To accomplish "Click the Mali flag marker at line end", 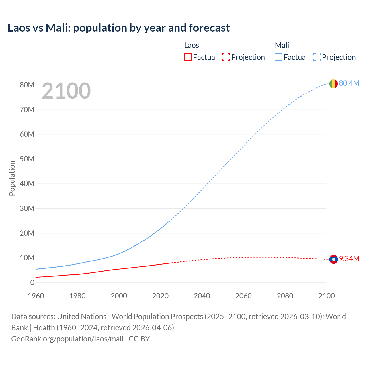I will pyautogui.click(x=333, y=84).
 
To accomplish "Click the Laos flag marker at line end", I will pyautogui.click(x=333, y=259).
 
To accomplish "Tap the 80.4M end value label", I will pyautogui.click(x=349, y=83).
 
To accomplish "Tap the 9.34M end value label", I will pyautogui.click(x=349, y=259).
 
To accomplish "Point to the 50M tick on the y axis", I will pyautogui.click(x=27, y=159).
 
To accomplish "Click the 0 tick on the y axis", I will pyautogui.click(x=32, y=282).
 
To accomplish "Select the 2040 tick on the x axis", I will pyautogui.click(x=202, y=296).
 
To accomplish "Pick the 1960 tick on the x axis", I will pyautogui.click(x=36, y=296).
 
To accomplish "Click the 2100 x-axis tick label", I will pyautogui.click(x=326, y=296).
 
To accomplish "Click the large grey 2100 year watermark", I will pyautogui.click(x=66, y=91).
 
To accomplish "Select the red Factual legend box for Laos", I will pyautogui.click(x=188, y=57).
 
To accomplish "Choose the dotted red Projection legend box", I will pyautogui.click(x=226, y=57).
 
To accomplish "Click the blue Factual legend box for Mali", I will pyautogui.click(x=278, y=57).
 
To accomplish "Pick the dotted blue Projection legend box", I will pyautogui.click(x=317, y=57).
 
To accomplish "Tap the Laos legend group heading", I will pyautogui.click(x=191, y=45).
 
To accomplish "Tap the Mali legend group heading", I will pyautogui.click(x=282, y=45).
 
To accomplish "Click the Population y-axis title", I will pyautogui.click(x=12, y=178).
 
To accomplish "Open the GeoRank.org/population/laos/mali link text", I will pyautogui.click(x=67, y=339).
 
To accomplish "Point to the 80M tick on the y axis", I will pyautogui.click(x=27, y=85).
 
